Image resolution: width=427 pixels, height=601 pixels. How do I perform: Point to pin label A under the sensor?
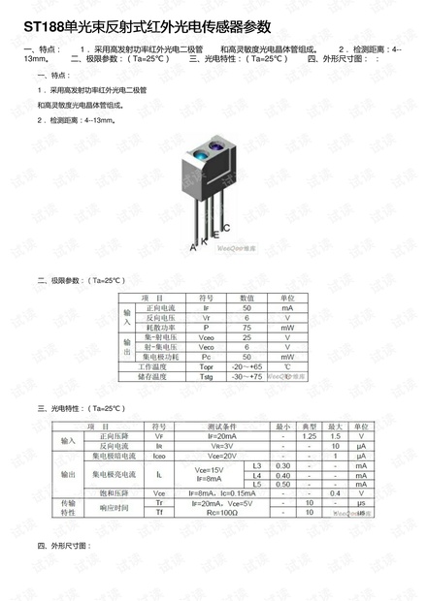[x=194, y=248]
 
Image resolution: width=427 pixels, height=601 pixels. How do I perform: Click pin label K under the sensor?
[x=204, y=239]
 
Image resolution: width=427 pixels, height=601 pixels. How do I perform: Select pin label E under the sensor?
[x=215, y=233]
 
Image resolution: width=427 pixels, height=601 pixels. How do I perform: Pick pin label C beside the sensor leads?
[x=226, y=229]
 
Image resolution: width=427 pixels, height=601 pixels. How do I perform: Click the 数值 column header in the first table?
[x=246, y=298]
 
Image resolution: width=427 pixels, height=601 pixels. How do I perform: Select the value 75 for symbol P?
[x=246, y=328]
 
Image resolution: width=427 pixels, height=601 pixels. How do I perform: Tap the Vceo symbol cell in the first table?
[x=206, y=337]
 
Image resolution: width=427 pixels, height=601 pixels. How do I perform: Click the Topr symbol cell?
[x=206, y=366]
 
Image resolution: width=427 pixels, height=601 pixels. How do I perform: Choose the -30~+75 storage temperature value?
[x=246, y=376]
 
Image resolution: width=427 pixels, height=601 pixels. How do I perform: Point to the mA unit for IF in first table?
[x=287, y=308]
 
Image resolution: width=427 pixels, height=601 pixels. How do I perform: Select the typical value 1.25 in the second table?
[x=309, y=436]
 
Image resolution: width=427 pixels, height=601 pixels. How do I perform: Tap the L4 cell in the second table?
[x=256, y=475]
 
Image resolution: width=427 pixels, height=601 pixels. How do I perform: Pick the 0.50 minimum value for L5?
[x=282, y=484]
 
